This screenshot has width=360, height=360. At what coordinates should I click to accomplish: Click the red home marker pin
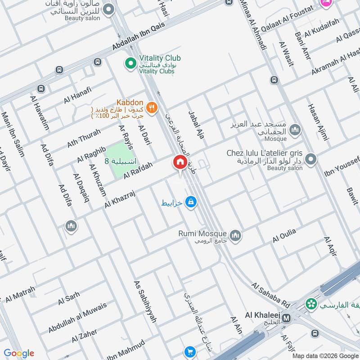(180, 162)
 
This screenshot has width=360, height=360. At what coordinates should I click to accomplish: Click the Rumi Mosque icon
(235, 235)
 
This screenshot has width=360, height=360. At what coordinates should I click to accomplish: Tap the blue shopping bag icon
(191, 202)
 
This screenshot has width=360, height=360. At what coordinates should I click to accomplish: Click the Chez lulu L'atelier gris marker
(310, 159)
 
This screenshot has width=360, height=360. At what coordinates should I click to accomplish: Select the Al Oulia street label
(284, 235)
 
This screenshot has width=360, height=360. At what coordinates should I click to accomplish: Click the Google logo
(19, 353)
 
